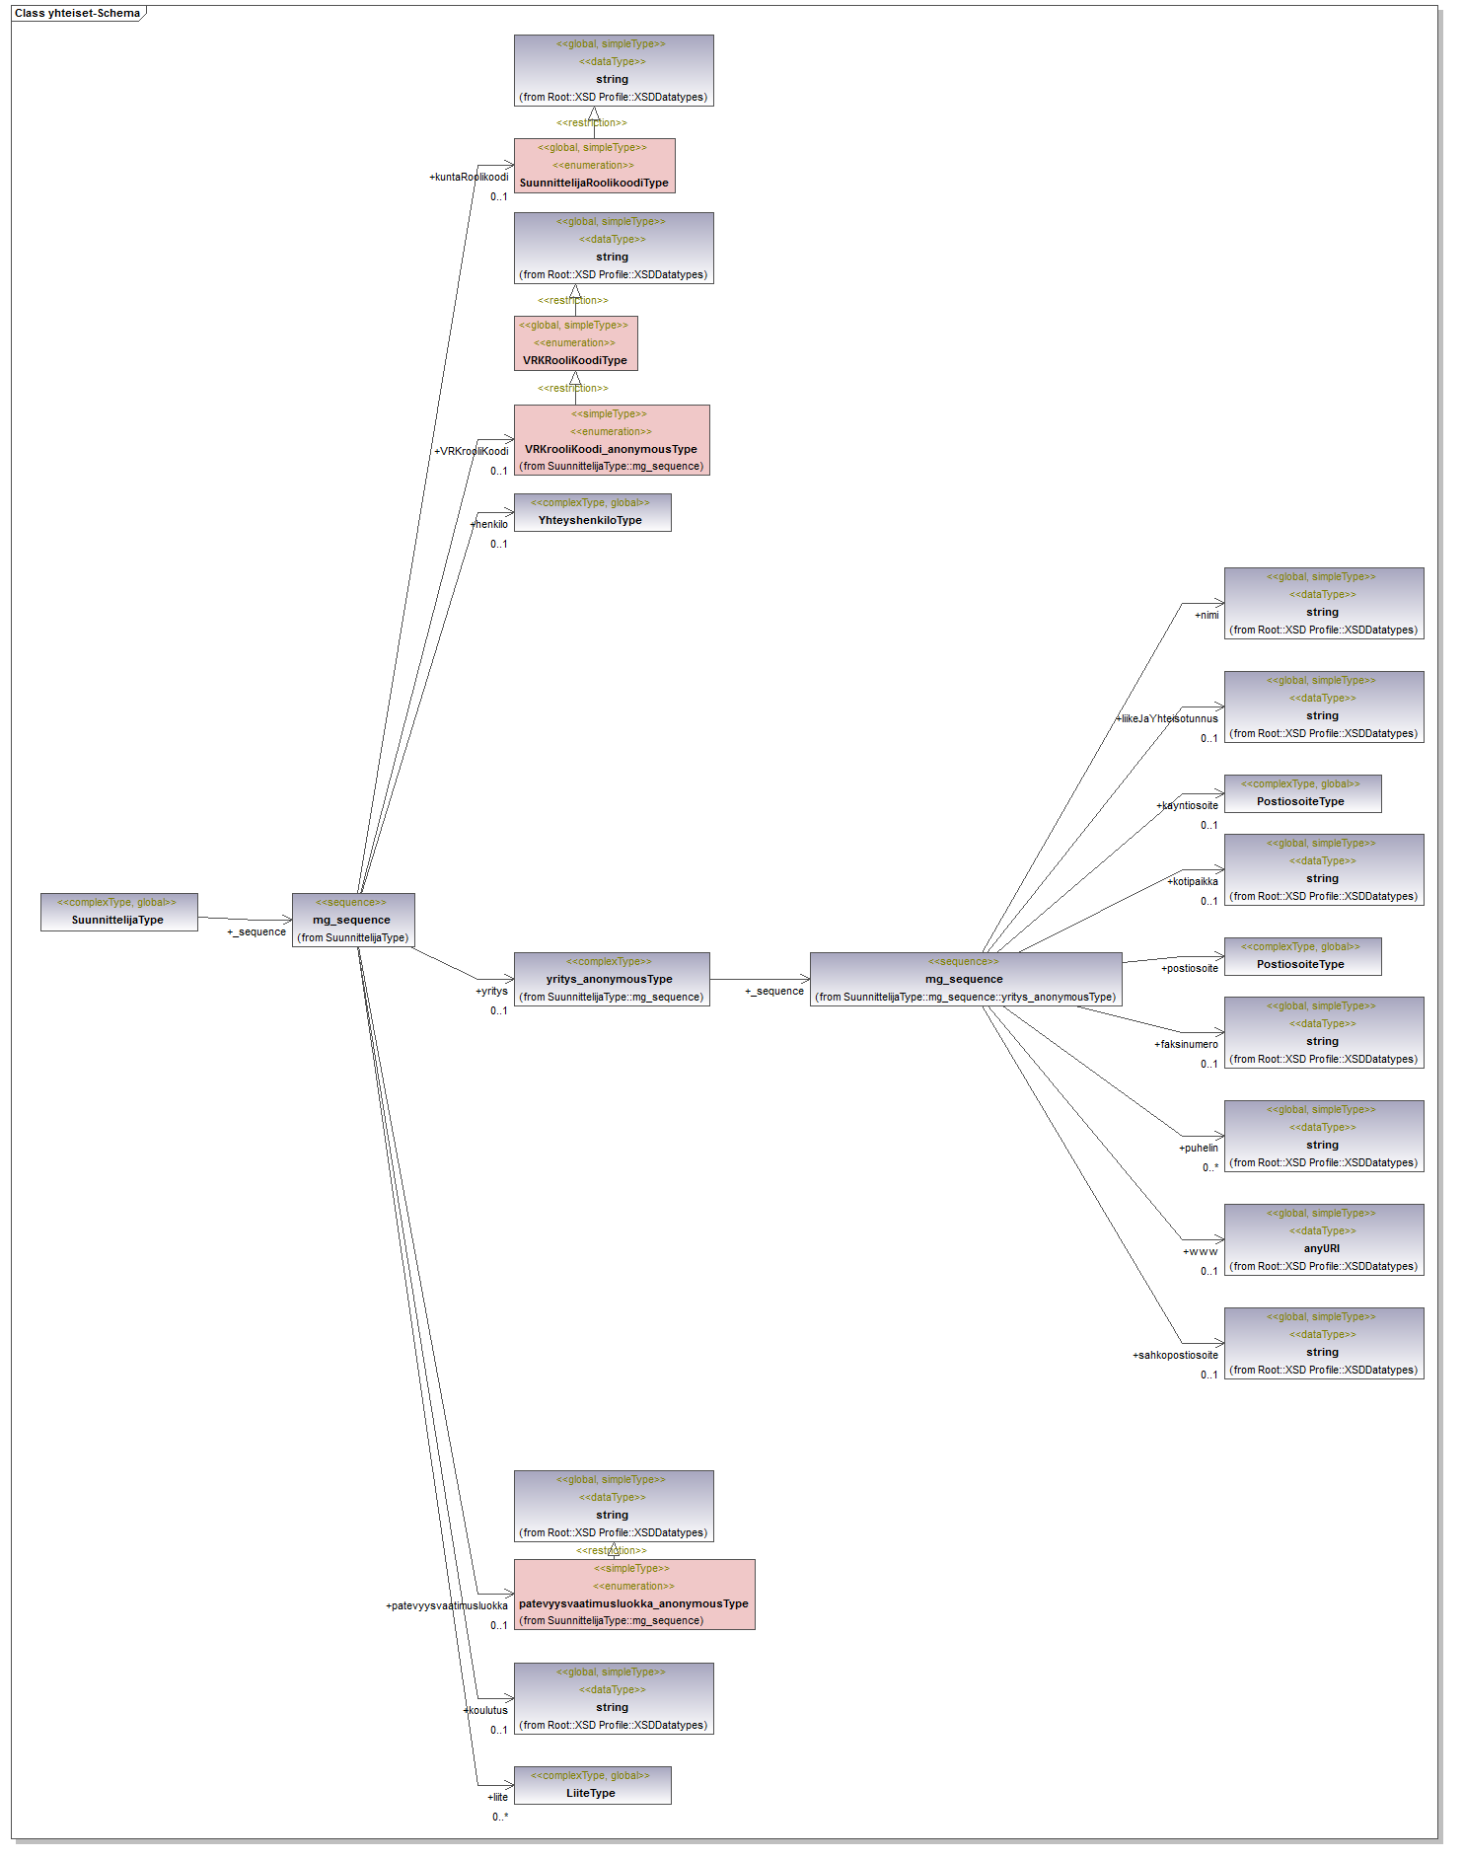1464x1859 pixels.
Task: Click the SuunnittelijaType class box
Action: click(x=118, y=912)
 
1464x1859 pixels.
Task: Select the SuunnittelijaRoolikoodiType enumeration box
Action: click(x=594, y=166)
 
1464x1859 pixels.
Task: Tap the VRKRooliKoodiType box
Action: click(x=575, y=343)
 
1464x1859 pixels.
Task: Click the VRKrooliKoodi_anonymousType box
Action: click(x=611, y=440)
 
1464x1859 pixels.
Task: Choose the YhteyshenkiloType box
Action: click(x=592, y=512)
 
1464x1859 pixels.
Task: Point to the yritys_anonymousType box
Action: click(x=611, y=979)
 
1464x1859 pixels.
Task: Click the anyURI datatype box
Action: click(x=1323, y=1239)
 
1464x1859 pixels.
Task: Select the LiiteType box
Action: click(x=592, y=1785)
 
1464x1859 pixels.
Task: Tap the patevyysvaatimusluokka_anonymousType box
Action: click(x=633, y=1595)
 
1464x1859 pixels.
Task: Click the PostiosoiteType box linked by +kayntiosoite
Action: click(x=1301, y=793)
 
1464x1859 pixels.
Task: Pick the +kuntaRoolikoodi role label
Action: click(x=469, y=178)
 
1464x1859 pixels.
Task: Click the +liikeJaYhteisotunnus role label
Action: click(x=1167, y=718)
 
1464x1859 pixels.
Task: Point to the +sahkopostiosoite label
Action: click(x=1175, y=1355)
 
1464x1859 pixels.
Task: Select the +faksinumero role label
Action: click(x=1186, y=1044)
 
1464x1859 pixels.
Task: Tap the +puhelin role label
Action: click(x=1198, y=1148)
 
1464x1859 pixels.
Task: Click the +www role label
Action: click(x=1200, y=1251)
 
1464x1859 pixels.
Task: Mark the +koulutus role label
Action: click(x=485, y=1710)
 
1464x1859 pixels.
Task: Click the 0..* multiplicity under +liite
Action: click(x=500, y=1817)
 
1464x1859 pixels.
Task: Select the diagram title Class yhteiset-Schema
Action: click(x=77, y=14)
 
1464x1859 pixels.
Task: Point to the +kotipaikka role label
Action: click(x=1193, y=881)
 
